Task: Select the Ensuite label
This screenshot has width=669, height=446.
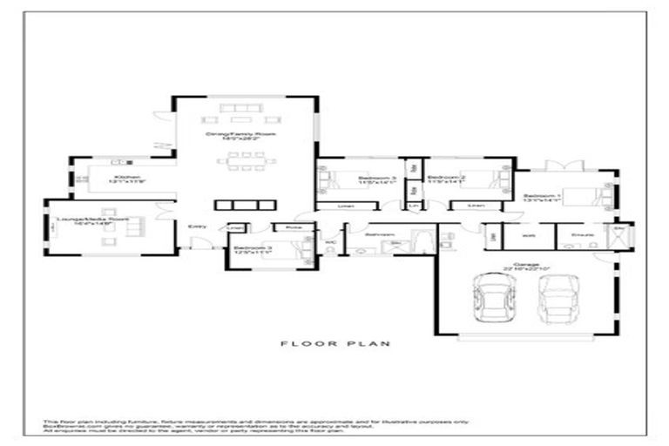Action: [582, 234]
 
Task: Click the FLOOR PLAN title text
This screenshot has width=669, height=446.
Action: [334, 344]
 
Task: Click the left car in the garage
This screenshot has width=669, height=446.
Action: [489, 300]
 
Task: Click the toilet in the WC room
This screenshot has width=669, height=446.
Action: [331, 247]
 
